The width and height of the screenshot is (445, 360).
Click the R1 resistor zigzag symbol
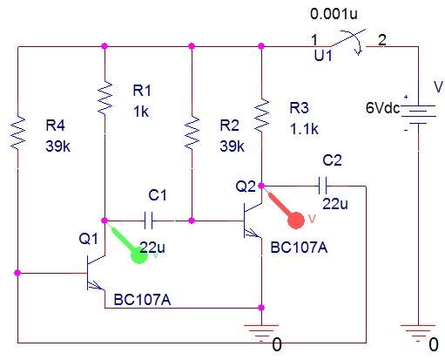pyautogui.click(x=105, y=98)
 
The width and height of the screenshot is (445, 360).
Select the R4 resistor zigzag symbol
pyautogui.click(x=17, y=132)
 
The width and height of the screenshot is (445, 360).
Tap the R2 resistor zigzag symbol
pyautogui.click(x=192, y=132)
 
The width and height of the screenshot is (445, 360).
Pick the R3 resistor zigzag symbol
pyautogui.click(x=261, y=115)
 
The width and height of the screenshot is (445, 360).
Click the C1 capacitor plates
pyautogui.click(x=148, y=221)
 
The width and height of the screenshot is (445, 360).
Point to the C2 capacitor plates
pyautogui.click(x=322, y=186)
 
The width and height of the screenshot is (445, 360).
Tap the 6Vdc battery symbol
pyautogui.click(x=418, y=114)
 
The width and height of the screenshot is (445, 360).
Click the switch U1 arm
pyautogui.click(x=348, y=37)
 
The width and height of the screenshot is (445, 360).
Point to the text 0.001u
pyautogui.click(x=334, y=14)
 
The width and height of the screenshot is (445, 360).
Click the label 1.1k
pyautogui.click(x=304, y=129)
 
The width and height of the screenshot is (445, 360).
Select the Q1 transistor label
pyautogui.click(x=89, y=239)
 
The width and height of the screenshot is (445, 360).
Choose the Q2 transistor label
pyautogui.click(x=246, y=187)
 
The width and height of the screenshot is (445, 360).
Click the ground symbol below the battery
pyautogui.click(x=418, y=333)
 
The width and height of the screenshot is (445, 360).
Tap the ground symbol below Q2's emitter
pyautogui.click(x=261, y=333)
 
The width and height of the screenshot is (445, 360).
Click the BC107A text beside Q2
pyautogui.click(x=299, y=248)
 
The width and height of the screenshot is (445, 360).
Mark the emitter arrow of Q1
pyautogui.click(x=96, y=286)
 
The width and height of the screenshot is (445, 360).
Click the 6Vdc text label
pyautogui.click(x=382, y=108)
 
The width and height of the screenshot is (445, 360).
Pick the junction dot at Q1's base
pyautogui.click(x=17, y=273)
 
